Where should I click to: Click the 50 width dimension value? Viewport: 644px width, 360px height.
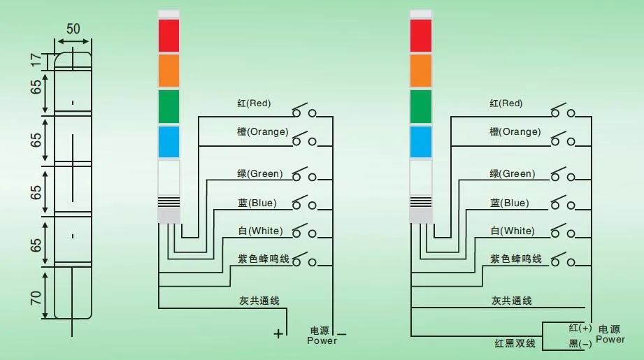73,29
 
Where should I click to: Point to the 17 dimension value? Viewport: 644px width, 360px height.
36,61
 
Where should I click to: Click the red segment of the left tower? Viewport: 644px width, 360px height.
169,36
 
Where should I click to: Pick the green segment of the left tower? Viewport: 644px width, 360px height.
169,106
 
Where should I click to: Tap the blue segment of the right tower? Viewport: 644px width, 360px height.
420,142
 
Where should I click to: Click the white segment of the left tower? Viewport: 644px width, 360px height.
169,177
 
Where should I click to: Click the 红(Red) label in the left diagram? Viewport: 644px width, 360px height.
254,103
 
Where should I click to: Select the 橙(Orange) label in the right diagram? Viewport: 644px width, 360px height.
515,131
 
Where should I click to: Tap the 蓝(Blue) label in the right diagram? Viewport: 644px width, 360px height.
509,203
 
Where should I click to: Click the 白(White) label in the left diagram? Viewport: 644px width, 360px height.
259,231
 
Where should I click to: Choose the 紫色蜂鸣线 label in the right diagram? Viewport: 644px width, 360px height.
516,259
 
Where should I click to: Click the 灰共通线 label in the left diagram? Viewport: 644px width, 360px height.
259,301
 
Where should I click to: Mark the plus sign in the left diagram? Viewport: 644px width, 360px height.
278,333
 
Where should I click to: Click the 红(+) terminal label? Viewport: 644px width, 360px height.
580,328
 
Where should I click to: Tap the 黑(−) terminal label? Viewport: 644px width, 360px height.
580,343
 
